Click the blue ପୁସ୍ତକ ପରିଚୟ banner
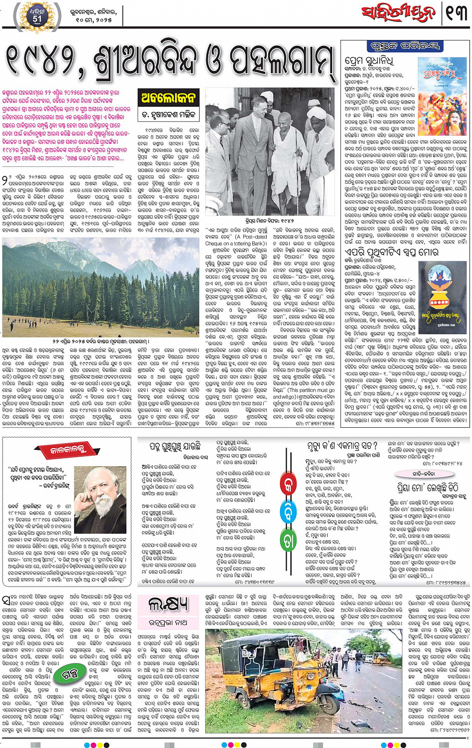click(x=406, y=46)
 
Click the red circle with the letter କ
click(x=288, y=485)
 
